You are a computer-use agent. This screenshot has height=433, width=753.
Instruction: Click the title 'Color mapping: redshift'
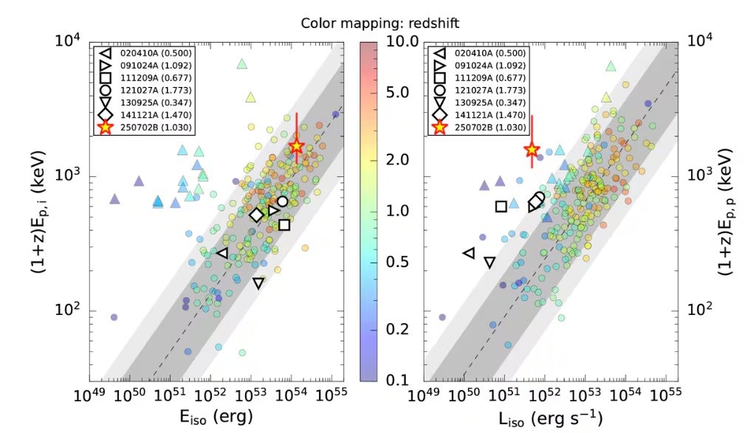click(x=380, y=23)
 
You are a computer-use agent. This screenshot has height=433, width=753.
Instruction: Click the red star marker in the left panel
click(x=297, y=146)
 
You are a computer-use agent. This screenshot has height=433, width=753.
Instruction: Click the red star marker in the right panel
click(x=532, y=148)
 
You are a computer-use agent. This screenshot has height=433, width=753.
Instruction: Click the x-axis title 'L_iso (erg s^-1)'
click(x=553, y=418)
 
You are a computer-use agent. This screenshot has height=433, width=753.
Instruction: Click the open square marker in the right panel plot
click(x=501, y=207)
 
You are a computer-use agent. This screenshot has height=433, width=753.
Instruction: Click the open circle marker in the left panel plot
click(x=282, y=201)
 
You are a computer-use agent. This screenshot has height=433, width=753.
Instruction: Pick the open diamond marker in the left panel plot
click(x=256, y=215)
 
